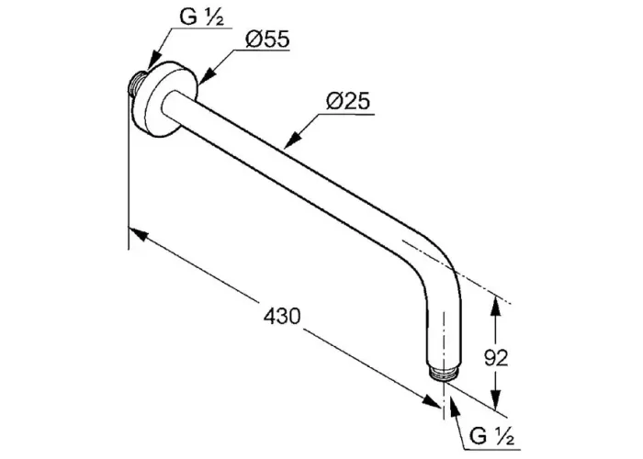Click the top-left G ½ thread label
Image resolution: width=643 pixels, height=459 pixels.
[x=202, y=17]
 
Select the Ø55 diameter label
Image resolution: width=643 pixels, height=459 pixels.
[x=267, y=39]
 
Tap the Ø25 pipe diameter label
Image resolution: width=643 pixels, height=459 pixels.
[x=348, y=101]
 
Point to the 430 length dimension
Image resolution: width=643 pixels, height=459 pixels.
[x=282, y=317]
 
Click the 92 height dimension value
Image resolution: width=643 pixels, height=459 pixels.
[x=496, y=358]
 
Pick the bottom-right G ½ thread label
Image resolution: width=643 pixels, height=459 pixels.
[x=491, y=436]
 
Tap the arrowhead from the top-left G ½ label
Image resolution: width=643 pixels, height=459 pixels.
[x=153, y=60]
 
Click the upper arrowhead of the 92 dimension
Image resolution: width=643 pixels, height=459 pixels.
[x=495, y=306]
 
